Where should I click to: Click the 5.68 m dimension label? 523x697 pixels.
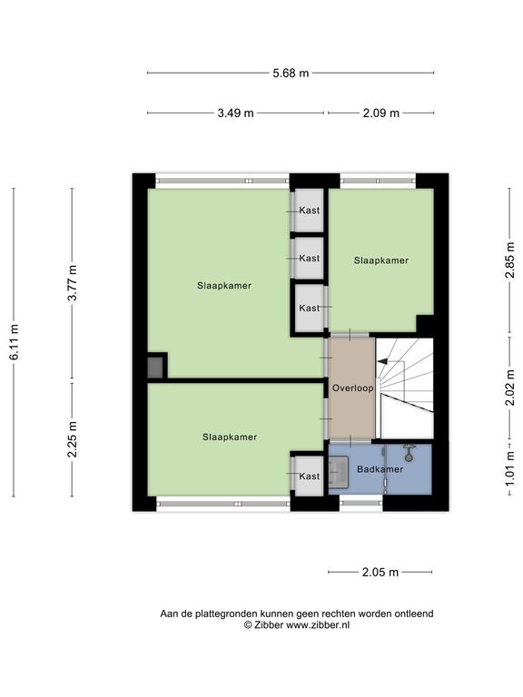pyautogui.click(x=291, y=73)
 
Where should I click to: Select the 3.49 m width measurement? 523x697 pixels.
pyautogui.click(x=235, y=113)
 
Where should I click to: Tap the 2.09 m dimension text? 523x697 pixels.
pyautogui.click(x=381, y=113)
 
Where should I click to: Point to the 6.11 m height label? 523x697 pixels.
pyautogui.click(x=15, y=342)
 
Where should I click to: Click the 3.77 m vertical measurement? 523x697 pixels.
pyautogui.click(x=73, y=283)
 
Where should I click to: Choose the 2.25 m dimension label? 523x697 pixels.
pyautogui.click(x=73, y=439)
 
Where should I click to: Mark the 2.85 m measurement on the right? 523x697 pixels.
pyautogui.click(x=509, y=260)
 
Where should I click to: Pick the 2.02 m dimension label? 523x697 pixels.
pyautogui.click(x=509, y=388)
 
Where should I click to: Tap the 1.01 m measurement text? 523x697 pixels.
pyautogui.click(x=509, y=469)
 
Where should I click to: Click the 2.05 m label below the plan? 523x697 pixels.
pyautogui.click(x=380, y=572)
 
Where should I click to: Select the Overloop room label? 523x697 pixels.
pyautogui.click(x=352, y=388)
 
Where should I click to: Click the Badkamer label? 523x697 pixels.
pyautogui.click(x=380, y=469)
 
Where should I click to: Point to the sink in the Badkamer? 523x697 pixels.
pyautogui.click(x=338, y=472)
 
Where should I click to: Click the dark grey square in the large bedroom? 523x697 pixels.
pyautogui.click(x=155, y=368)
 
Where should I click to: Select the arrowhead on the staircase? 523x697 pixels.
pyautogui.click(x=382, y=362)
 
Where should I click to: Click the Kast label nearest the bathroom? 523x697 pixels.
pyautogui.click(x=309, y=476)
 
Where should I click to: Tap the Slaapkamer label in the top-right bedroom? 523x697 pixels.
pyautogui.click(x=381, y=260)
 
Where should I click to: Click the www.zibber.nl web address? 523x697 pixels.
pyautogui.click(x=318, y=624)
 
